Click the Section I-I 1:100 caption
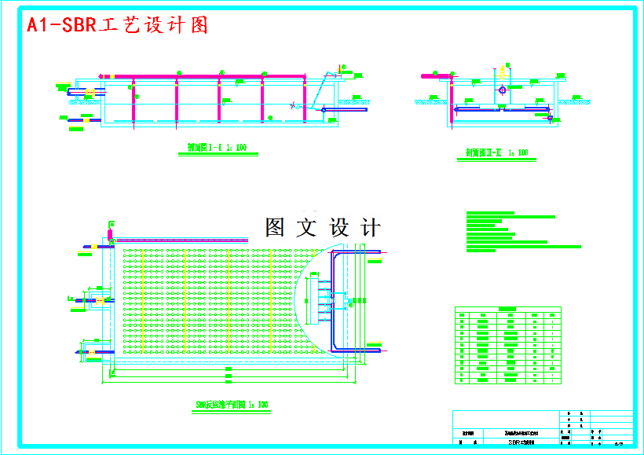[x=217, y=147]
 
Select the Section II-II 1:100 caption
[x=496, y=152]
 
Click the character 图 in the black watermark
[x=275, y=228]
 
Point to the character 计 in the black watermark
[x=370, y=228]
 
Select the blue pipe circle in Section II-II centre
[x=503, y=89]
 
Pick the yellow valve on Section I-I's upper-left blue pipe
[x=90, y=94]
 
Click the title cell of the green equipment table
[x=508, y=309]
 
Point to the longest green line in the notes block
[x=523, y=247]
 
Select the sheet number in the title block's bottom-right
[x=618, y=444]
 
